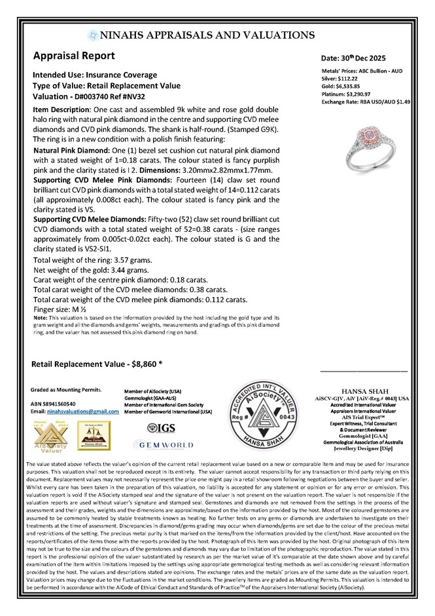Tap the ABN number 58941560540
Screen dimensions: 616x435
(66, 403)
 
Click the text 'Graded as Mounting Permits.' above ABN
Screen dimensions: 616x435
(67, 389)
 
